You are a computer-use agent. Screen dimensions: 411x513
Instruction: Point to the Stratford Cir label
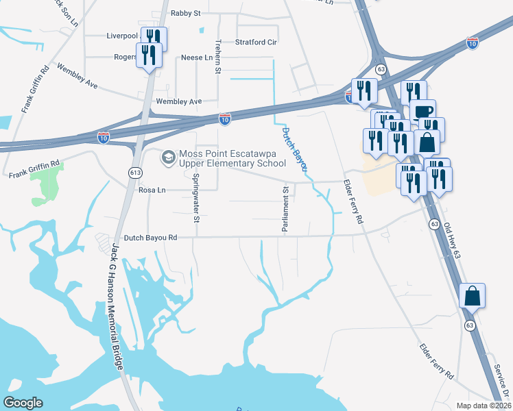[x=256, y=42]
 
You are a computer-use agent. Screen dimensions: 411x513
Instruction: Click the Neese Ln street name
[x=196, y=58]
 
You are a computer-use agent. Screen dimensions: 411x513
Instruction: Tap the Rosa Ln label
[x=153, y=190]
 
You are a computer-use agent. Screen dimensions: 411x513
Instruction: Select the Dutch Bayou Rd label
[x=146, y=237]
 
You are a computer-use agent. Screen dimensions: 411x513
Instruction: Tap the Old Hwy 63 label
[x=455, y=240]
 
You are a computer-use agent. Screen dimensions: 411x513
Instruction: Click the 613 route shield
[x=134, y=173]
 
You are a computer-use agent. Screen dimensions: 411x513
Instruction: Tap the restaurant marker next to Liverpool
[x=154, y=39]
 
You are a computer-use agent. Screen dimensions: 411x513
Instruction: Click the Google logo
[x=23, y=402]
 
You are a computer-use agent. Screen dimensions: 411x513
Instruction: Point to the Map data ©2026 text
[x=483, y=406]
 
